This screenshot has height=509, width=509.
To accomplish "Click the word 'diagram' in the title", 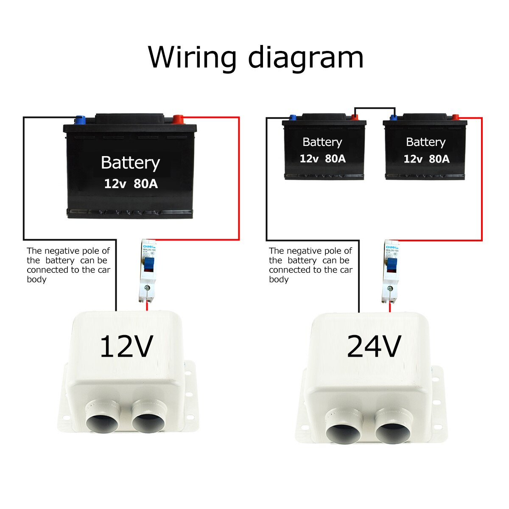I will click(306, 57).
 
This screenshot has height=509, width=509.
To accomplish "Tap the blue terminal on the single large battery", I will click(80, 120).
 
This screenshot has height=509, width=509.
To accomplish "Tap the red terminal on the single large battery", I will click(178, 119).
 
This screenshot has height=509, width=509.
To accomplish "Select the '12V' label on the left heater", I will click(126, 347).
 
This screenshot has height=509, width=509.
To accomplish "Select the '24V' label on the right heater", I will click(374, 347).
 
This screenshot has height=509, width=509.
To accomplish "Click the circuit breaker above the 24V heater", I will click(390, 271).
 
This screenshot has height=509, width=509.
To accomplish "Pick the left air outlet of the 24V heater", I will click(344, 431).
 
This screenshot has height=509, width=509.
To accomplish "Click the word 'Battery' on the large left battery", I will click(130, 163).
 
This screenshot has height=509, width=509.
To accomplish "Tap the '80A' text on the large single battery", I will click(145, 184).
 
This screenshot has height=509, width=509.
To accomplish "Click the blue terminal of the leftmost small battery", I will click(292, 117).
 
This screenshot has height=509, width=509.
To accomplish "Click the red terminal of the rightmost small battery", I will click(456, 117).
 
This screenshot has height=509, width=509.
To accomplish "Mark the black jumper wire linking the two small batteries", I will click(375, 108).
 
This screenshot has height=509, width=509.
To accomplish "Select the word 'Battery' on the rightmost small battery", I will click(425, 142).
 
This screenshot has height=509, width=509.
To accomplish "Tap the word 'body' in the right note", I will click(279, 280).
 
